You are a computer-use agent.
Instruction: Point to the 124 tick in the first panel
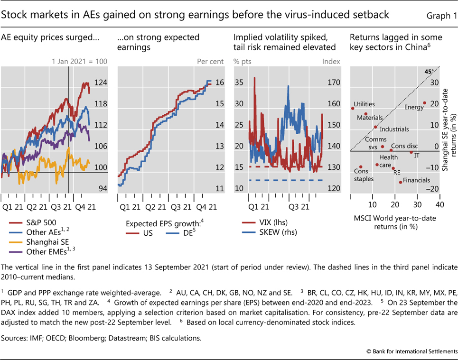[x=101, y=83]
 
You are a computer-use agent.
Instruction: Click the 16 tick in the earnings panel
[x=220, y=83]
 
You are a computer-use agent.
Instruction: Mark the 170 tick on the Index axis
[x=334, y=83]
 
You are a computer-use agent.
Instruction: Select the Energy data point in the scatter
[x=425, y=103]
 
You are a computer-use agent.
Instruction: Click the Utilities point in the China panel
[x=352, y=108]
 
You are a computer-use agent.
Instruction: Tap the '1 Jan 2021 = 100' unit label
[x=79, y=62]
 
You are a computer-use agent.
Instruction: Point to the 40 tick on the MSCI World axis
[x=439, y=204]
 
